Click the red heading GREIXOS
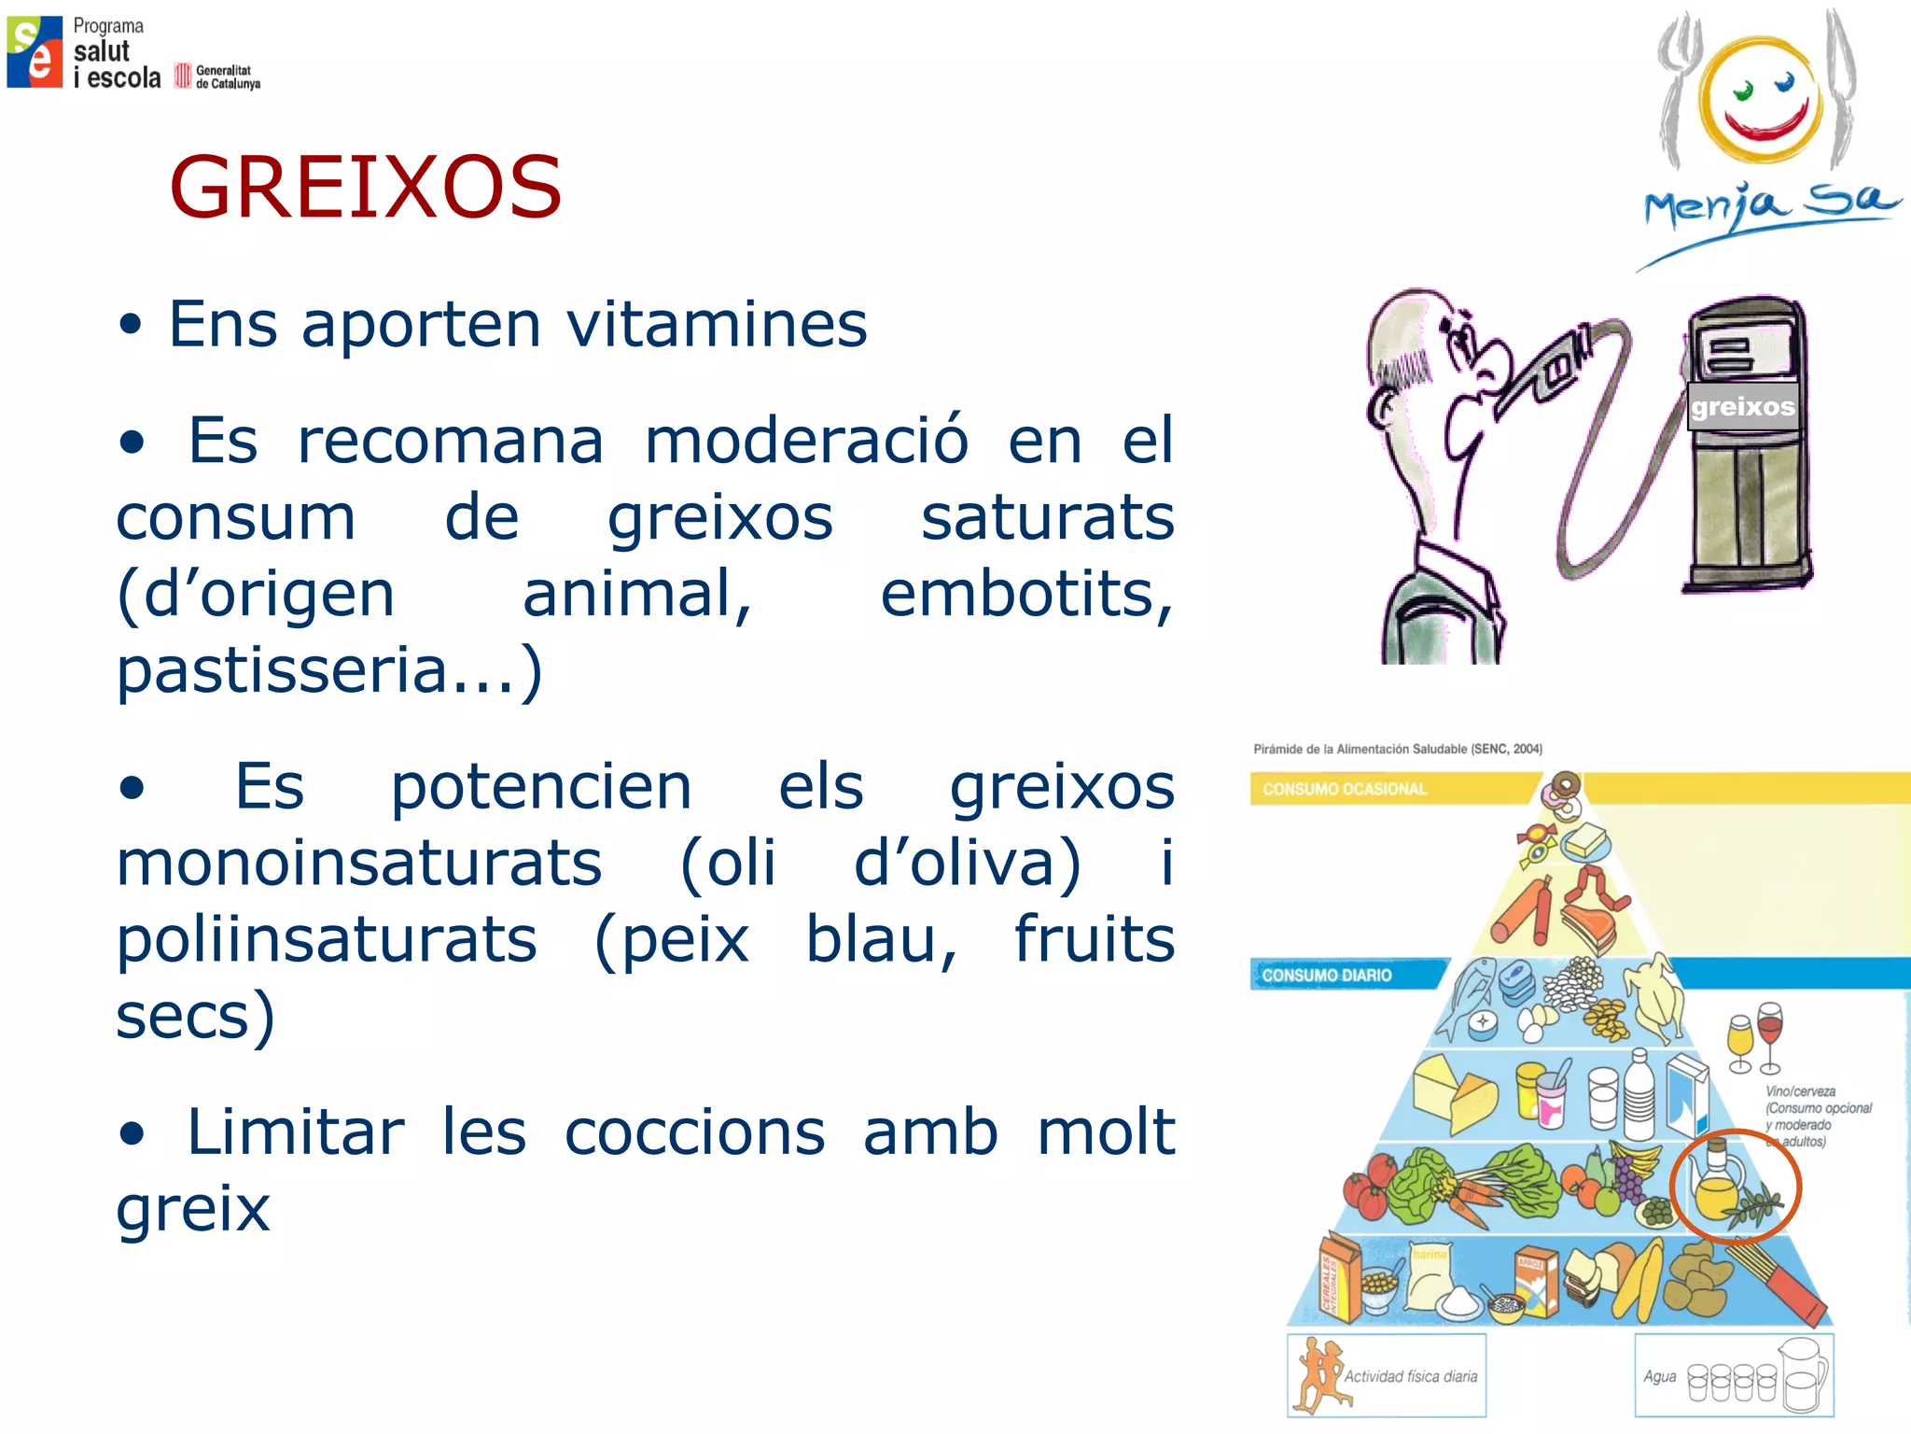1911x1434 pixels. click(x=366, y=188)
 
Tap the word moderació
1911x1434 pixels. click(x=806, y=441)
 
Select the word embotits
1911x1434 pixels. click(x=1025, y=595)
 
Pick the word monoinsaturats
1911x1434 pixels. click(x=359, y=863)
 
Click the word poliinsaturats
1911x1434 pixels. click(x=327, y=939)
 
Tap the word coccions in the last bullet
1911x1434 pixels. click(x=694, y=1132)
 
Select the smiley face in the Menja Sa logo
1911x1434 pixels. click(x=1759, y=103)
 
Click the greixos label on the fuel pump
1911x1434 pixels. click(x=1742, y=407)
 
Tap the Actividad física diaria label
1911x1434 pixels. click(x=1410, y=1376)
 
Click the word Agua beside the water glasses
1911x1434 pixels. click(x=1659, y=1376)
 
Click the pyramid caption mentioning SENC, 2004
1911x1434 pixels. click(x=1397, y=749)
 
